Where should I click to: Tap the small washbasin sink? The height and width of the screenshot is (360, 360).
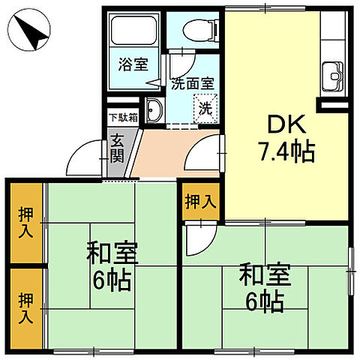coord(154,110)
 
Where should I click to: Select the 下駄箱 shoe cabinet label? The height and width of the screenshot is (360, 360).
coord(123,117)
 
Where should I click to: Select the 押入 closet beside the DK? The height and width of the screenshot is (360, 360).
coord(200,202)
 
